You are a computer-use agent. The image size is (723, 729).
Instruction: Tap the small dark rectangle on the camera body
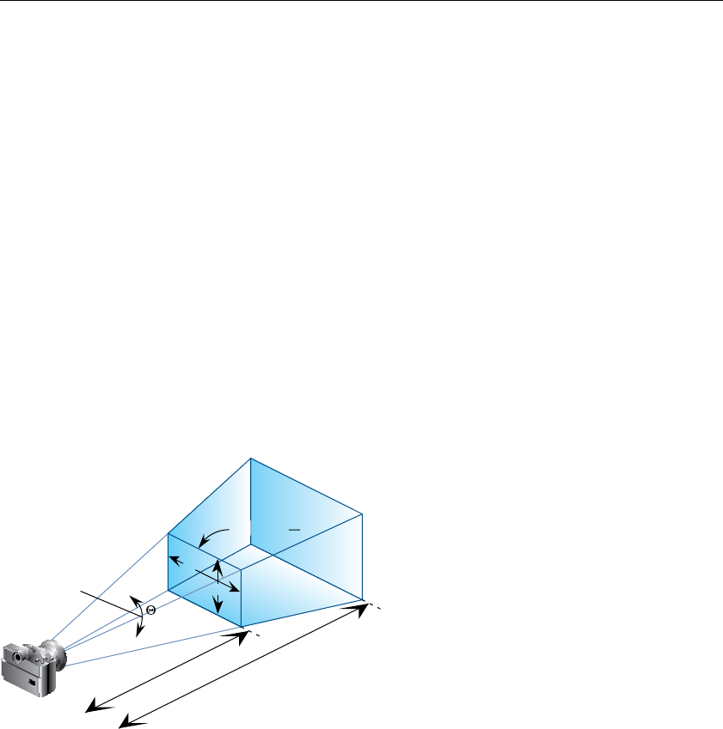tap(32, 682)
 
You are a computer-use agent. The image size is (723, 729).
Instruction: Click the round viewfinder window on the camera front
tap(16, 656)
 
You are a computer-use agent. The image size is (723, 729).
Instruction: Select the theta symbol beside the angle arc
tap(150, 610)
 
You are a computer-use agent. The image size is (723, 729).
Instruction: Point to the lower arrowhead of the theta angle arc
tap(138, 634)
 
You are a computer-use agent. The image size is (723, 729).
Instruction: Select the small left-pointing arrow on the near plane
tap(175, 559)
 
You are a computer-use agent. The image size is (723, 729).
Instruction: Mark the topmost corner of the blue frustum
tap(250, 459)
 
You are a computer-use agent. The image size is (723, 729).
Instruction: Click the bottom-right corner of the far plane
tap(364, 600)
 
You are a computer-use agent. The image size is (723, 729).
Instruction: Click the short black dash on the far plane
tap(294, 532)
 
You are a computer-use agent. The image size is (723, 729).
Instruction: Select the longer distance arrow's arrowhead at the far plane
tap(361, 609)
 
